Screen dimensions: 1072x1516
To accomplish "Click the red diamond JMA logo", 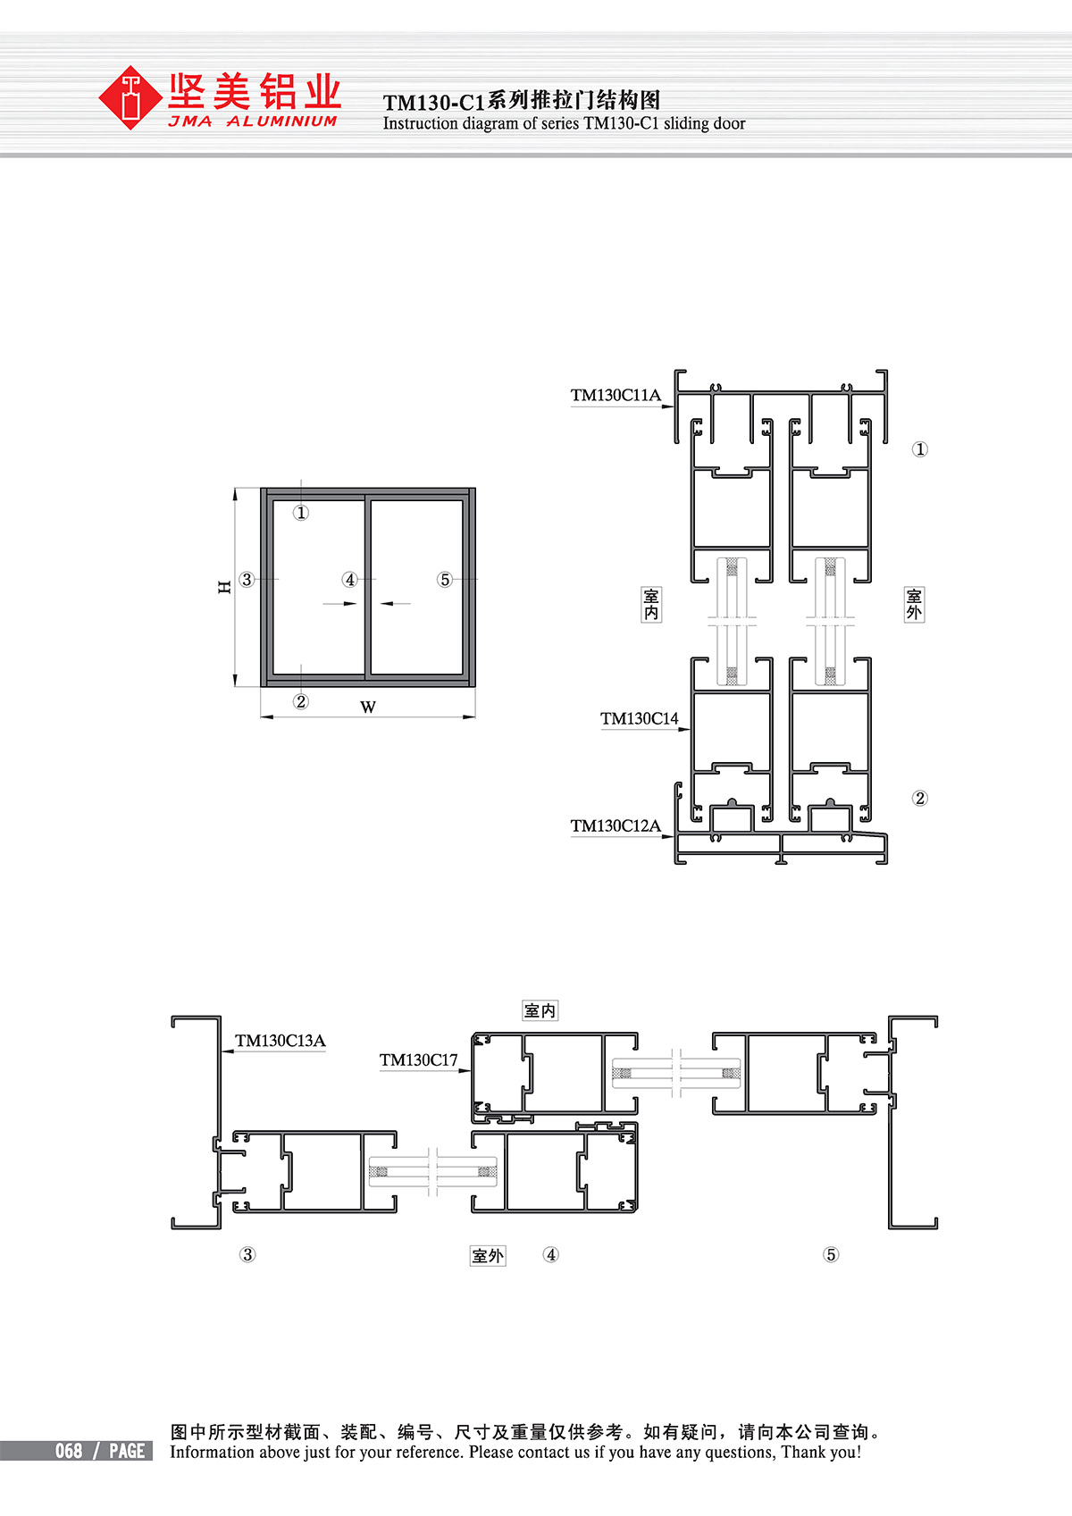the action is click(130, 97).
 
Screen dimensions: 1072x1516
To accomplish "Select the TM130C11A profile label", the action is click(616, 395).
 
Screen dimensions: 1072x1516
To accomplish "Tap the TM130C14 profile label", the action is click(639, 719).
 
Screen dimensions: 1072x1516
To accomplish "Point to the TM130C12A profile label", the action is click(616, 825).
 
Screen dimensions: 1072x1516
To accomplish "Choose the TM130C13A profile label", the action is click(281, 1040).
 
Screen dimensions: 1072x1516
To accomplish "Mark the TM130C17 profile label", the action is click(418, 1060).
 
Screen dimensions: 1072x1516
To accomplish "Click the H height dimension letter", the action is click(224, 587).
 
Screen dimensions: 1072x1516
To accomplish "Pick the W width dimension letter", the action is click(367, 708).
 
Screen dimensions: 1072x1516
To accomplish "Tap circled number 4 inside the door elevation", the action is click(350, 579).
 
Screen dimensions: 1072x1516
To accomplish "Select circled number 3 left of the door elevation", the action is click(247, 579).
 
